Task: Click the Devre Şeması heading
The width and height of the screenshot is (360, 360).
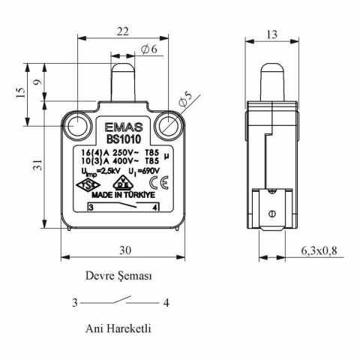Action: click(x=121, y=275)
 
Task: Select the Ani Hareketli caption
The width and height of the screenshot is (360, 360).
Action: click(x=120, y=328)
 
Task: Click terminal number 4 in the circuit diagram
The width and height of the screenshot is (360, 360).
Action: click(x=164, y=303)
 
